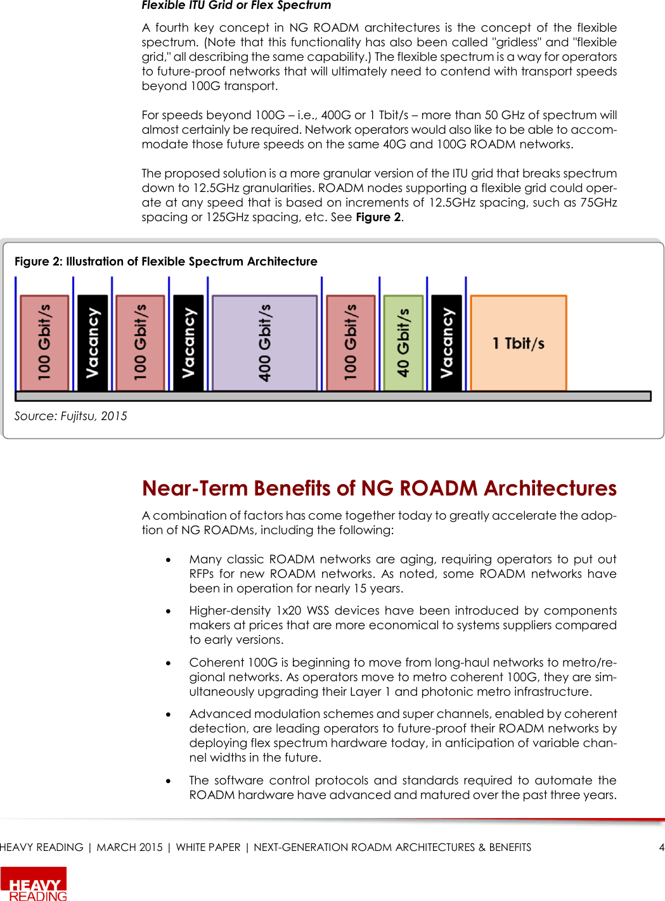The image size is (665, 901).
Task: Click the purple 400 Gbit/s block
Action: click(264, 343)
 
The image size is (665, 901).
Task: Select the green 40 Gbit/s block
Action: click(403, 343)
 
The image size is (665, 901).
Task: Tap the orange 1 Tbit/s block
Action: click(519, 343)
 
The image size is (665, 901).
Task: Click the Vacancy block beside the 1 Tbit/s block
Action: click(446, 343)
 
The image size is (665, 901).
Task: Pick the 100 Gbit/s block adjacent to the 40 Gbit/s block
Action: click(351, 343)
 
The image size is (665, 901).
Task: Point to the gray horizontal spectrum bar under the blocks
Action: click(333, 396)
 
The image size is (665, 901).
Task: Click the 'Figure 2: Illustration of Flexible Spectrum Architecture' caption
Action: click(165, 262)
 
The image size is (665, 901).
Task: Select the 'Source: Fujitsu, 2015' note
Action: click(70, 416)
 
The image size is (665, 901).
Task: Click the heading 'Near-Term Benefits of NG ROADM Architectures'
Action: click(379, 489)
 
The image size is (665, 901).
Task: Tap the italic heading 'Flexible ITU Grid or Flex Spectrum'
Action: click(236, 6)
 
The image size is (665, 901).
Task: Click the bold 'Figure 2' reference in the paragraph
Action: click(378, 217)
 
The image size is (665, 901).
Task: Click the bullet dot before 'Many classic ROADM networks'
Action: click(169, 560)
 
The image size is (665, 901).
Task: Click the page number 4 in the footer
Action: click(661, 848)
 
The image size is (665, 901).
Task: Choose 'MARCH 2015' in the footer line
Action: click(129, 848)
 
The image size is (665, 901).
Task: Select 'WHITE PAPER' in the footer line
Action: click(208, 848)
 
